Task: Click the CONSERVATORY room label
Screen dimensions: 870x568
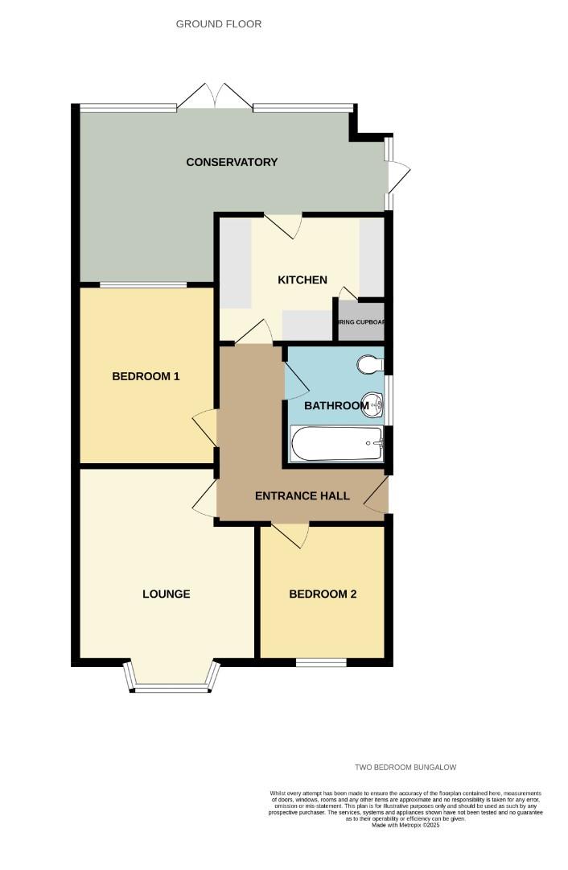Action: (232, 162)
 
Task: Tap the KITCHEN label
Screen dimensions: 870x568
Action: (303, 280)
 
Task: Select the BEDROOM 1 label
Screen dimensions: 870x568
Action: (146, 376)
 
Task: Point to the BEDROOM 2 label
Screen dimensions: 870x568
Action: (323, 594)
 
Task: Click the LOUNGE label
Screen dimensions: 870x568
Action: (167, 594)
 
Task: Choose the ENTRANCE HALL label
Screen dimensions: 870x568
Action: (303, 495)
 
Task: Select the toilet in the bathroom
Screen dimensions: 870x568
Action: (370, 365)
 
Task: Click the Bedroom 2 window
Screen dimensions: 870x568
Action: (321, 662)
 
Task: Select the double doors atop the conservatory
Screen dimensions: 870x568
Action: (215, 96)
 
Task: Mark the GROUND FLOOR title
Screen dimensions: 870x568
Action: (219, 24)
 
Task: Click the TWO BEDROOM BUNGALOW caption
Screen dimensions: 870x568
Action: (411, 768)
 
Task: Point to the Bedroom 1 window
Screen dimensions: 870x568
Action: (143, 284)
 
